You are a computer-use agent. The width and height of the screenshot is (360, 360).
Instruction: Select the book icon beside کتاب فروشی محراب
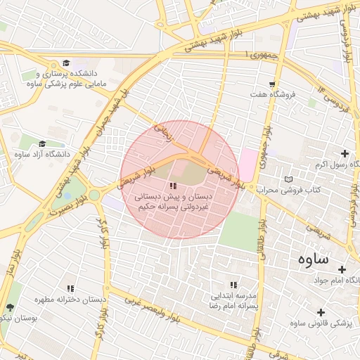pyautogui.click(x=288, y=179)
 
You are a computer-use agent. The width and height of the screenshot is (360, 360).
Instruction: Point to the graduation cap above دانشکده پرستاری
pyautogui.click(x=66, y=63)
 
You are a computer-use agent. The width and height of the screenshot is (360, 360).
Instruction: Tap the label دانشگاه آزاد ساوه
pyautogui.click(x=49, y=153)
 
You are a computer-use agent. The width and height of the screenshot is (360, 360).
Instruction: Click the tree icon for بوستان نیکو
pyautogui.click(x=10, y=308)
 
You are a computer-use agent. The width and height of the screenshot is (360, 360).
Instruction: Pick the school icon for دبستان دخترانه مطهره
pyautogui.click(x=70, y=289)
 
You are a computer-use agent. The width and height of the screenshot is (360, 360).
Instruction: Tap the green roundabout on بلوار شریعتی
pyautogui.click(x=94, y=195)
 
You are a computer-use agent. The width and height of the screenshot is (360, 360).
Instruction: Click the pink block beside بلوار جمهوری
pyautogui.click(x=248, y=164)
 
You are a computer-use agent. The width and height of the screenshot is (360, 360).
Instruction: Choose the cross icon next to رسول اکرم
pyautogui.click(x=344, y=153)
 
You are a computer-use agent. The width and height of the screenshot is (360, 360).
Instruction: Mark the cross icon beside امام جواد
pyautogui.click(x=342, y=269)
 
